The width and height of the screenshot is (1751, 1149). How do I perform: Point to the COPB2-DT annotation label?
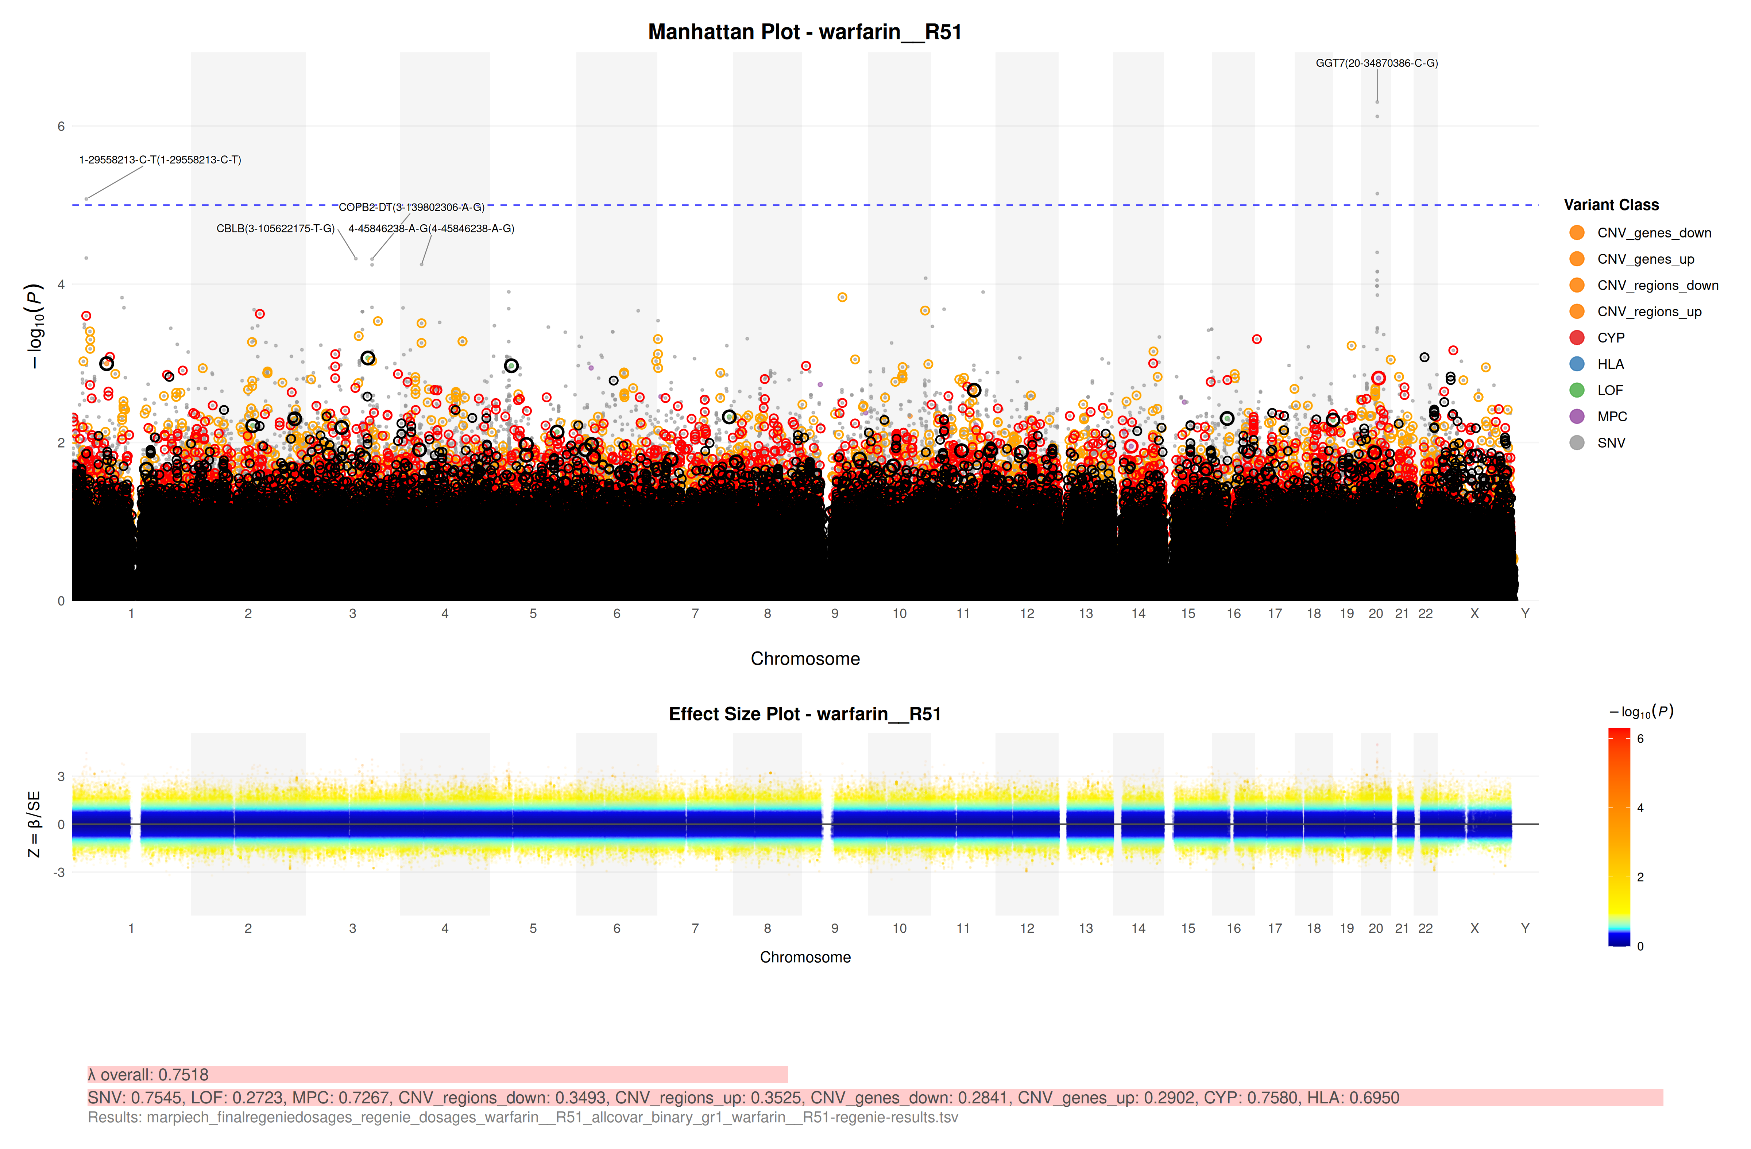point(411,208)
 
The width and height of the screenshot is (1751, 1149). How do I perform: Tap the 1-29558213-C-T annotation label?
point(160,160)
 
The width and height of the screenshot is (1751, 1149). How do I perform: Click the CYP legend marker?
point(1577,338)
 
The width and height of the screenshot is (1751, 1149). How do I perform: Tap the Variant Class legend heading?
point(1611,205)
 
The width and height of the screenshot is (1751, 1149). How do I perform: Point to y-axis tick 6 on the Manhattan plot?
point(61,127)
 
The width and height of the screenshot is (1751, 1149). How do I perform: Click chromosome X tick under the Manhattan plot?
point(1474,614)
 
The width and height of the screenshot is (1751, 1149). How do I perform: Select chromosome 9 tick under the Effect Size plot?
point(834,928)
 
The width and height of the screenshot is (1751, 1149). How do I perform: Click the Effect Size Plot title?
point(804,714)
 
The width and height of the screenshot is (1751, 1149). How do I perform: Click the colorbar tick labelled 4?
point(1640,808)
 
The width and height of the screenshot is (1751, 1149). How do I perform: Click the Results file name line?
point(522,1117)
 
